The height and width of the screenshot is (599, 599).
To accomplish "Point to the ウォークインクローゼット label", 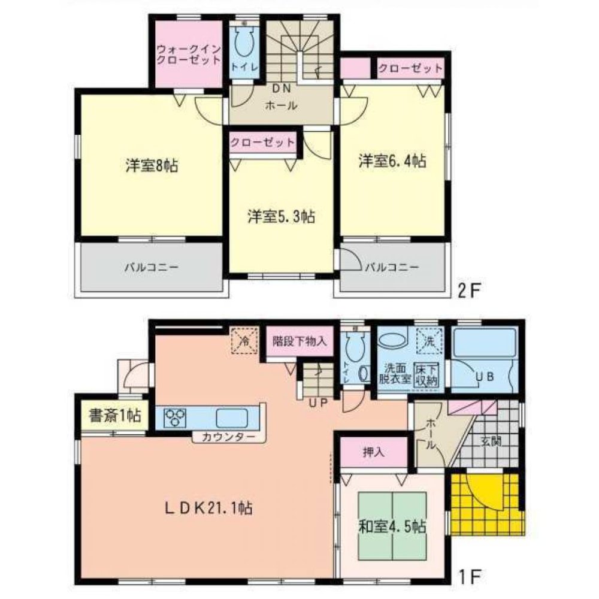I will pyautogui.click(x=181, y=55).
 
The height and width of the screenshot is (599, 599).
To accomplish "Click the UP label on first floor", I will pyautogui.click(x=317, y=403).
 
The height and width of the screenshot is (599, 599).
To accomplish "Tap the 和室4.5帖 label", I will pyautogui.click(x=392, y=527).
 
